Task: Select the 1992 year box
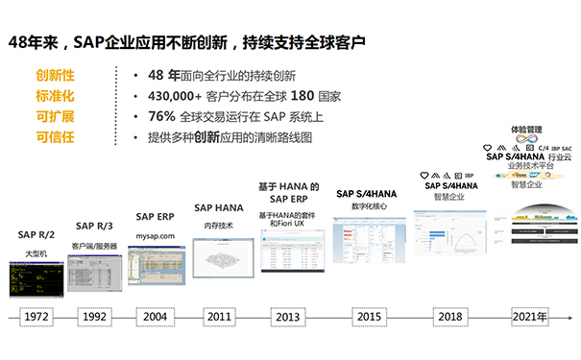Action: pos(94,316)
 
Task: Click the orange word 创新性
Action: pos(55,75)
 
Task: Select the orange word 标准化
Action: pos(55,96)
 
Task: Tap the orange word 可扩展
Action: pos(55,117)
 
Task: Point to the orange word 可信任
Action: pos(55,137)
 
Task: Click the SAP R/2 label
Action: pos(36,234)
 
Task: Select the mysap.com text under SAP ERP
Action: pos(155,235)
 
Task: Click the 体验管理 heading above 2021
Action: pos(527,128)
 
